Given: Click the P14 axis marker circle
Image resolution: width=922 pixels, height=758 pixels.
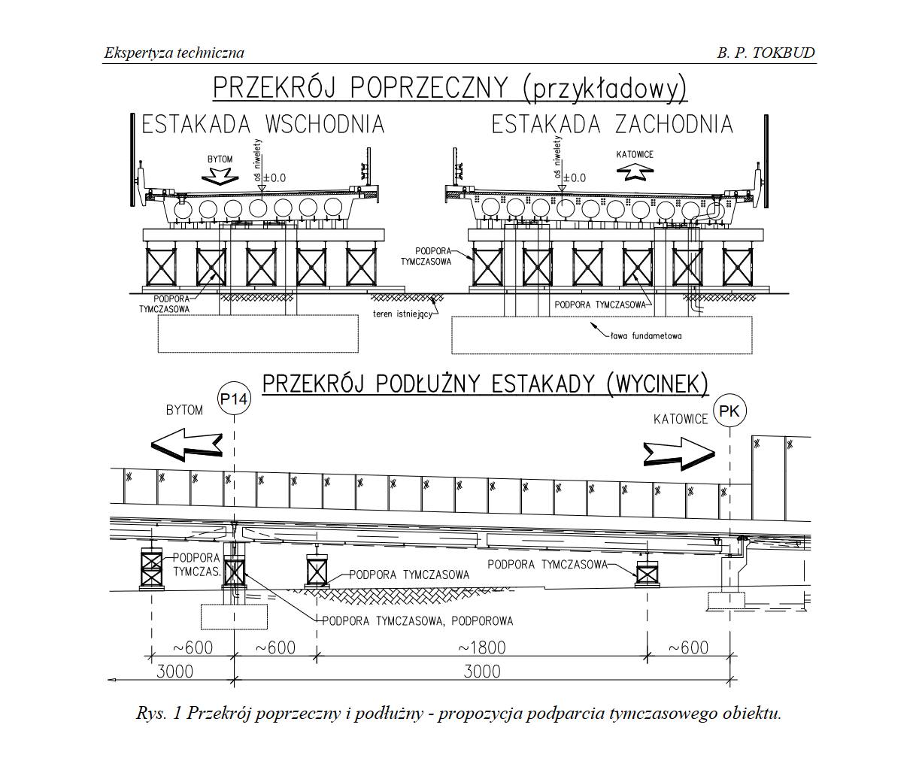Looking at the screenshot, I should [x=234, y=399].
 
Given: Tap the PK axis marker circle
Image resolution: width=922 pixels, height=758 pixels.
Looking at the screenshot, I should [x=729, y=411].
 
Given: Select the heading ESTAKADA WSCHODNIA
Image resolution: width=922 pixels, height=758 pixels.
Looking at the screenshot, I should [x=262, y=124].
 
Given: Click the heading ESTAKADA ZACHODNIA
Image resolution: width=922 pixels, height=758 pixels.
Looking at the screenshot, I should [x=612, y=124].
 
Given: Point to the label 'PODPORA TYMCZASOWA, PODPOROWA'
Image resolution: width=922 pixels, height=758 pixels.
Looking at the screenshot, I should [x=417, y=621].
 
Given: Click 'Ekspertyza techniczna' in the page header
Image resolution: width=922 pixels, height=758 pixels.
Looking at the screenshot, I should [x=174, y=53].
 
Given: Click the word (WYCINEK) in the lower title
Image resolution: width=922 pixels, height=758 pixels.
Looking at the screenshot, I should [x=657, y=384].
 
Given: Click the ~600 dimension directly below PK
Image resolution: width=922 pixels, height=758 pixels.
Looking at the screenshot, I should [x=688, y=647].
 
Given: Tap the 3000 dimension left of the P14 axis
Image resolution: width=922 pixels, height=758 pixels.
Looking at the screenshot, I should [x=174, y=671].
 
